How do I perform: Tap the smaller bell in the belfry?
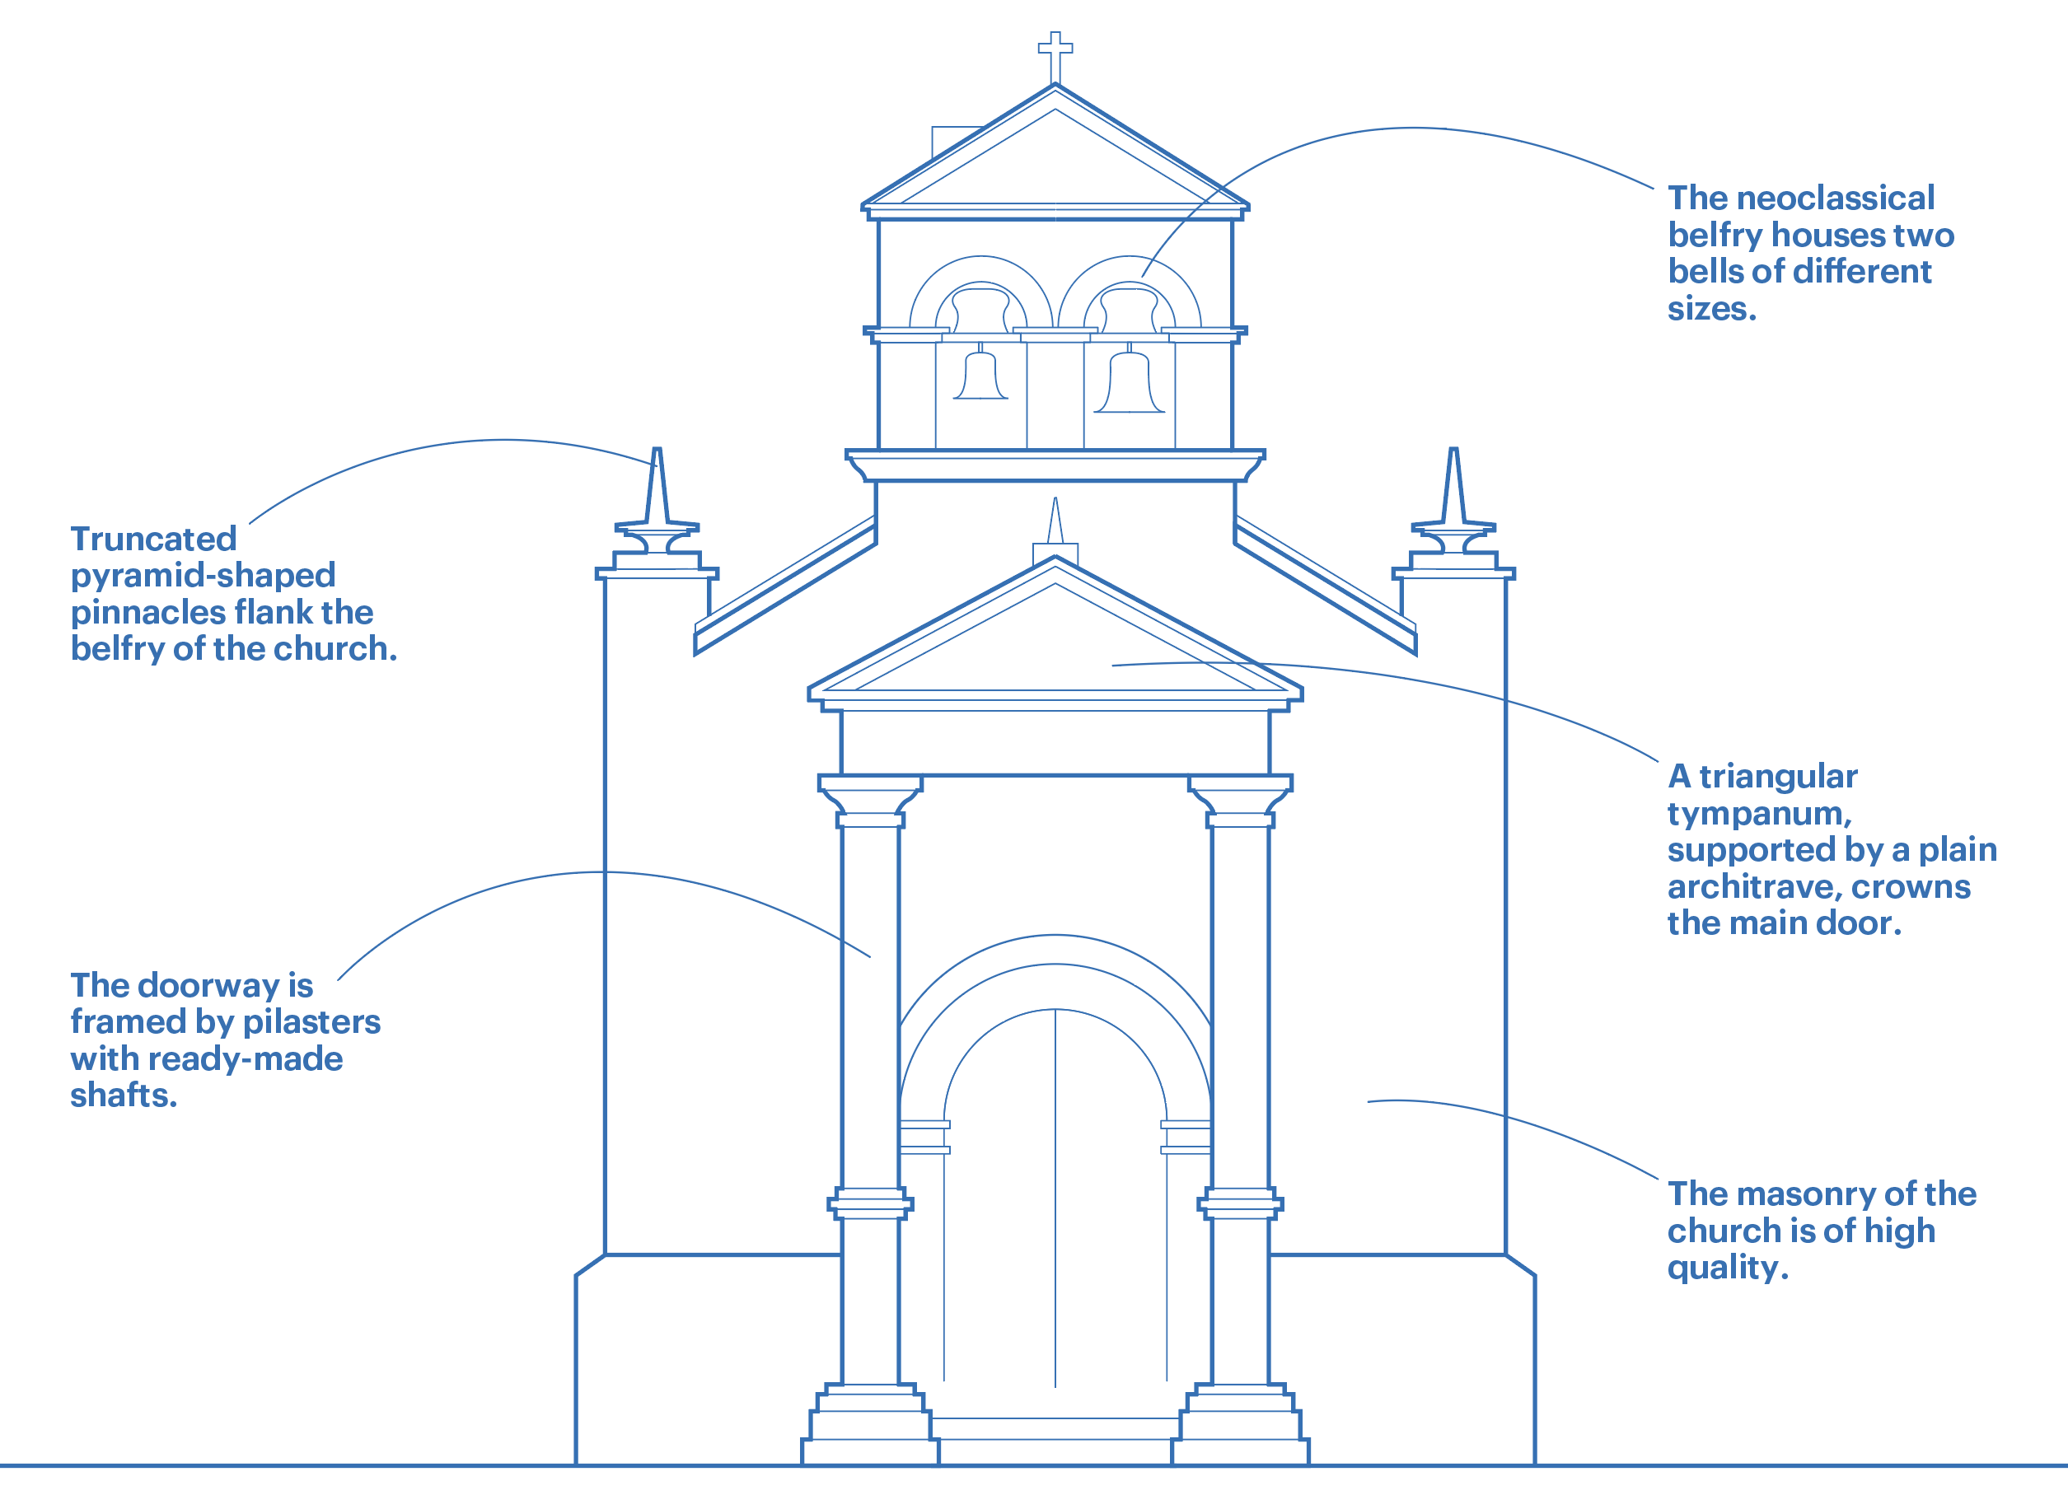980,376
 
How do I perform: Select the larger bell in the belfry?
1129,384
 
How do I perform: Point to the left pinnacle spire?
656,488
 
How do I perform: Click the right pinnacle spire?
1453,488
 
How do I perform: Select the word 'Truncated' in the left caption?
153,539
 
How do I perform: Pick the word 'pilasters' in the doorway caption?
311,1021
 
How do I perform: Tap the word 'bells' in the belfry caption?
1705,272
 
